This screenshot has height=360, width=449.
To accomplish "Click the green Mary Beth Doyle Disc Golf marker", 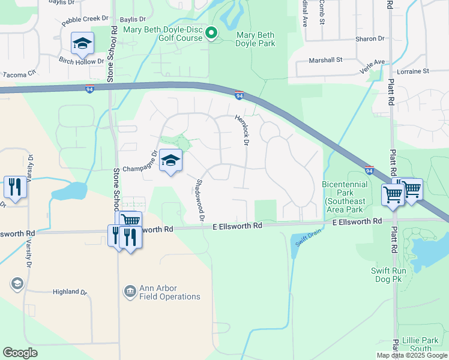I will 211,33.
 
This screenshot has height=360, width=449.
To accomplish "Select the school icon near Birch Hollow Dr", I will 82,43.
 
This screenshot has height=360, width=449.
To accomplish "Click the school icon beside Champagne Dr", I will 171,161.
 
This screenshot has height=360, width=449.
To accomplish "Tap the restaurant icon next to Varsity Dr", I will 14,187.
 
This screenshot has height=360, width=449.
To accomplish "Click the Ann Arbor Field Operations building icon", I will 130,292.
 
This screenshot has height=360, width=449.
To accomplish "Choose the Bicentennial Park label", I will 346,197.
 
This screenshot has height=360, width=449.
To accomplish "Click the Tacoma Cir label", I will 20,75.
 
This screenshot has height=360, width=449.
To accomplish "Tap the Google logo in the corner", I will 20,352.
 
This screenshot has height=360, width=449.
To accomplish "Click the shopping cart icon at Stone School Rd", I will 130,221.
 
